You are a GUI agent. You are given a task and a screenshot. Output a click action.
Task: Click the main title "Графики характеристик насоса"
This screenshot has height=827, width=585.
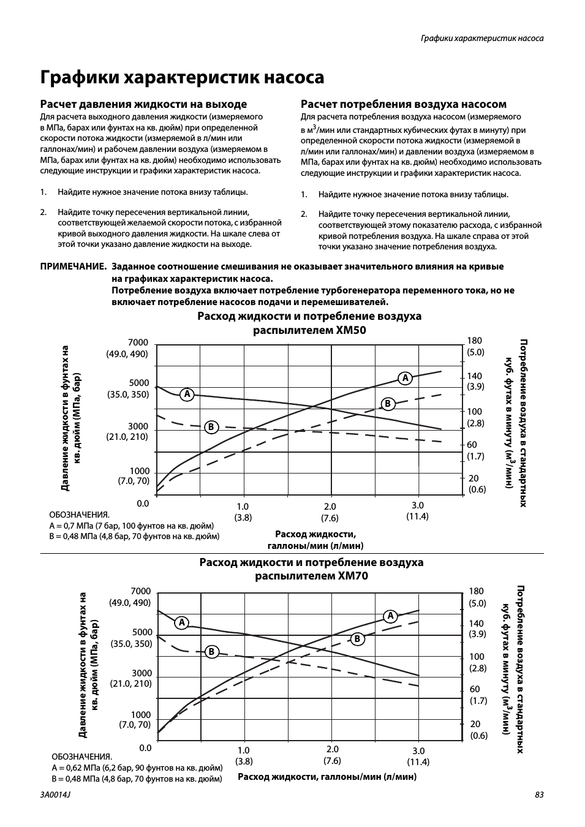click(182, 78)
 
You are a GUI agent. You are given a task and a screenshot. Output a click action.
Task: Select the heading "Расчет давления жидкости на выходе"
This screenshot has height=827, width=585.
click(143, 104)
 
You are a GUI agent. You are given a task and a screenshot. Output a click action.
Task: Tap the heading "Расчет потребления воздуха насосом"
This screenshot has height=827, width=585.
click(403, 104)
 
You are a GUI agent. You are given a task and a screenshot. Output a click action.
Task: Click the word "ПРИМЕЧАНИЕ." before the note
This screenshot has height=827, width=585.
click(74, 266)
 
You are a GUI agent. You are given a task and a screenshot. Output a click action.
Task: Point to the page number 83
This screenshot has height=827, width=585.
click(539, 795)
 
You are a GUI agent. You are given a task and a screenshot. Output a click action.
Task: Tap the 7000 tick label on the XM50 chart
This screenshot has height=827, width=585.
click(138, 342)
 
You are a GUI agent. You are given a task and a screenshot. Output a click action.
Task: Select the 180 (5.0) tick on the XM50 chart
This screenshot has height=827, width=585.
click(475, 346)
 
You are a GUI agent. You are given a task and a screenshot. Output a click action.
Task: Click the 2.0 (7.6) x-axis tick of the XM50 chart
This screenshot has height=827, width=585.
click(330, 512)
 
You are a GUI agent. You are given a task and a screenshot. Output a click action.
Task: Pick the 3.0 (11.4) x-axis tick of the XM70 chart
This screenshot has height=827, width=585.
click(418, 756)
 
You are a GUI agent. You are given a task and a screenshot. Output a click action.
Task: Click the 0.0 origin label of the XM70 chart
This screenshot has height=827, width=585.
click(145, 747)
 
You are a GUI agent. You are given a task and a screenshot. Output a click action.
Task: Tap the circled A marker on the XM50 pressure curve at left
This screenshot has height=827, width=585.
click(187, 394)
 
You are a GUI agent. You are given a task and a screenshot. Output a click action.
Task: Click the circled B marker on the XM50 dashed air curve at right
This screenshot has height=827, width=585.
click(387, 404)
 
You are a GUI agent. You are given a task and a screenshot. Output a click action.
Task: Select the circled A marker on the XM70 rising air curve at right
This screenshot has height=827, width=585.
click(390, 616)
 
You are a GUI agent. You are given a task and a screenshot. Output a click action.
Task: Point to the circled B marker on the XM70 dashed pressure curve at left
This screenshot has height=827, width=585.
click(211, 651)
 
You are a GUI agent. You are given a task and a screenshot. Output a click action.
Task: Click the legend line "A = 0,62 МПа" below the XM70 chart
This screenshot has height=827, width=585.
click(137, 767)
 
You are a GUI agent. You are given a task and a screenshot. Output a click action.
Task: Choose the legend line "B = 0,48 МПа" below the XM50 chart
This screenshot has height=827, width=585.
click(134, 536)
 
